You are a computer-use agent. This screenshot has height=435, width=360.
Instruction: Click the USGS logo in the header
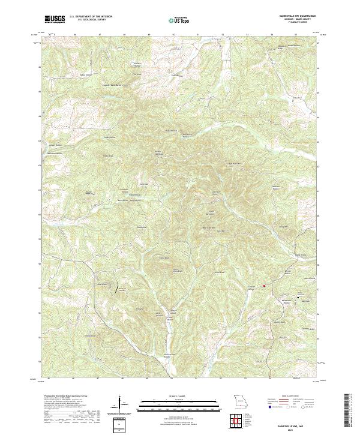tap(55, 19)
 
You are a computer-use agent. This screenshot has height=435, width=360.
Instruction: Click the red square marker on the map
tap(265, 286)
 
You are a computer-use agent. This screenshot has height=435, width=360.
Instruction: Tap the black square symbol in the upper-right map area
tap(293, 101)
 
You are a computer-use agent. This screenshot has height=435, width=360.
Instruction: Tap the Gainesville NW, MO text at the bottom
tap(298, 424)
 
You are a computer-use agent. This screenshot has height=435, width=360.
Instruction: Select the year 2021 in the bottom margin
tap(298, 428)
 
